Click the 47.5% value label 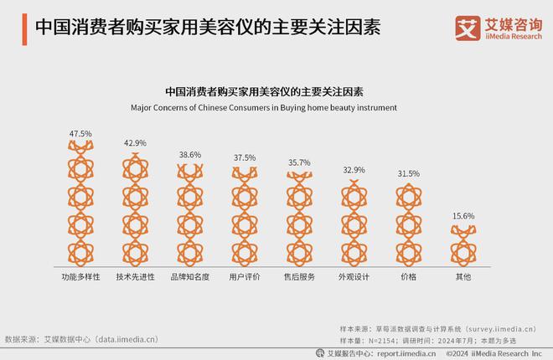click(x=80, y=133)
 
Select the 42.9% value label click(x=135, y=143)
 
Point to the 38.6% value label click(x=190, y=155)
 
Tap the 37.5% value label click(x=245, y=157)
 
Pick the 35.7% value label click(x=299, y=162)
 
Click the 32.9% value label click(x=354, y=170)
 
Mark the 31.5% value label click(x=409, y=173)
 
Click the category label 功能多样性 click(x=80, y=275)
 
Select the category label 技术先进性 click(x=135, y=275)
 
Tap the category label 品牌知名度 click(x=190, y=275)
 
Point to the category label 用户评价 click(x=245, y=275)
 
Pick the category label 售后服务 click(x=299, y=275)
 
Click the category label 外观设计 click(x=354, y=275)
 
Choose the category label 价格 click(x=409, y=275)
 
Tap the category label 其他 click(x=463, y=275)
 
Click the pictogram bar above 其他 click(x=463, y=244)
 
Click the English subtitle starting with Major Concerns click(x=264, y=107)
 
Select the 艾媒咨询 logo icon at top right click(x=466, y=27)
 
